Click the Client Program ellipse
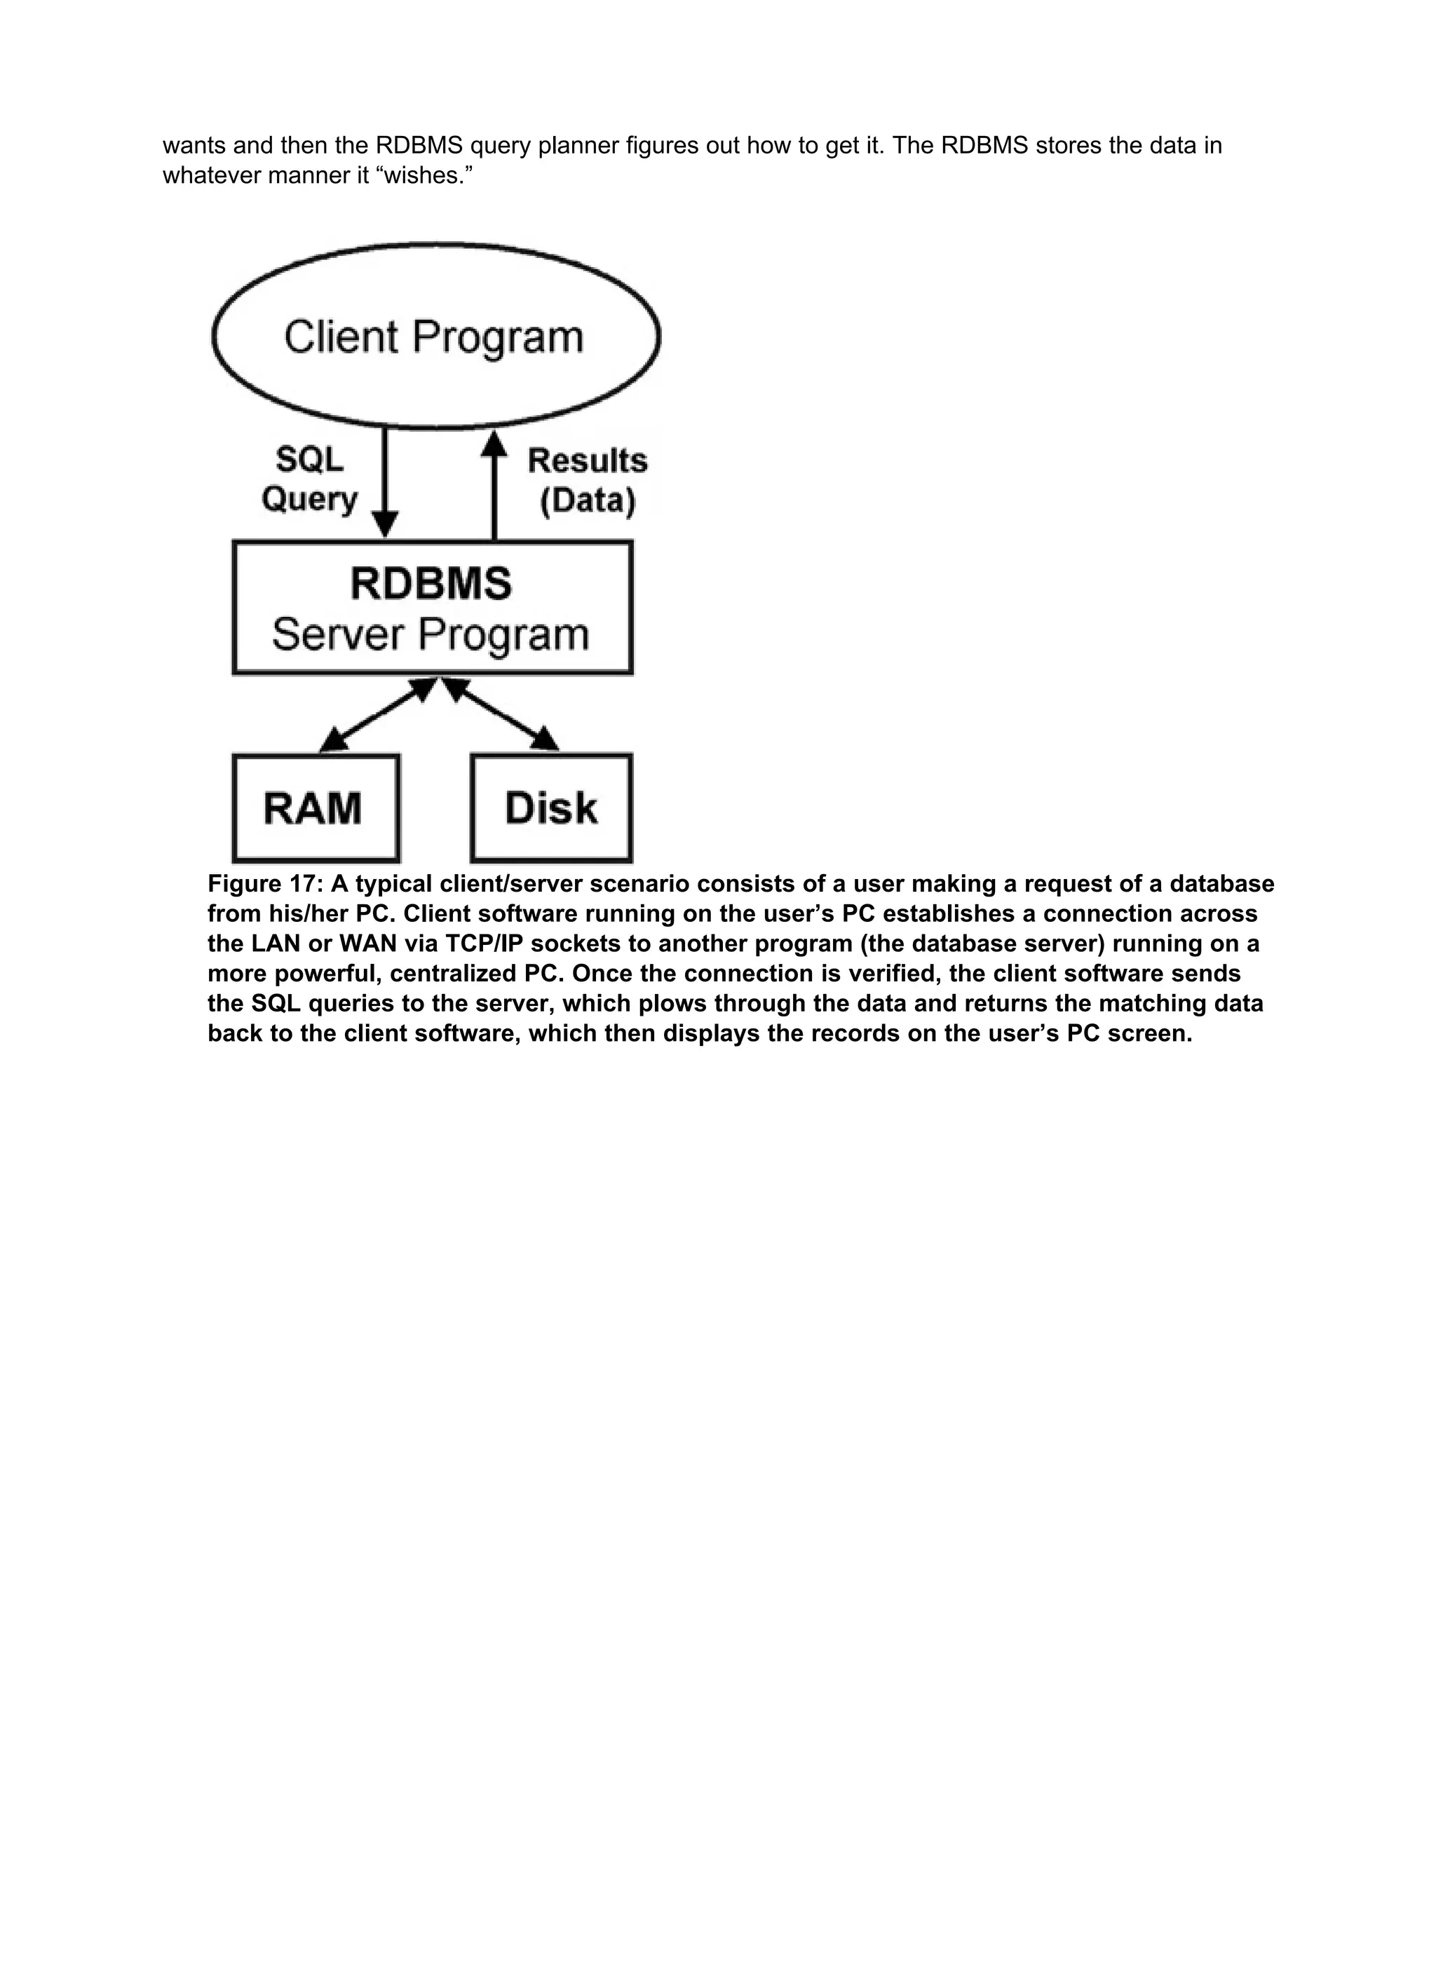[435, 336]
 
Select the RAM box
[316, 807]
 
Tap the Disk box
[551, 807]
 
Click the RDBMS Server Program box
[432, 608]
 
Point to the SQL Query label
[309, 479]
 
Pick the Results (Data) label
[588, 480]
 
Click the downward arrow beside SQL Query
[385, 483]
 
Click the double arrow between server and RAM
[377, 716]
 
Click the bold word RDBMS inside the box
[431, 583]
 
